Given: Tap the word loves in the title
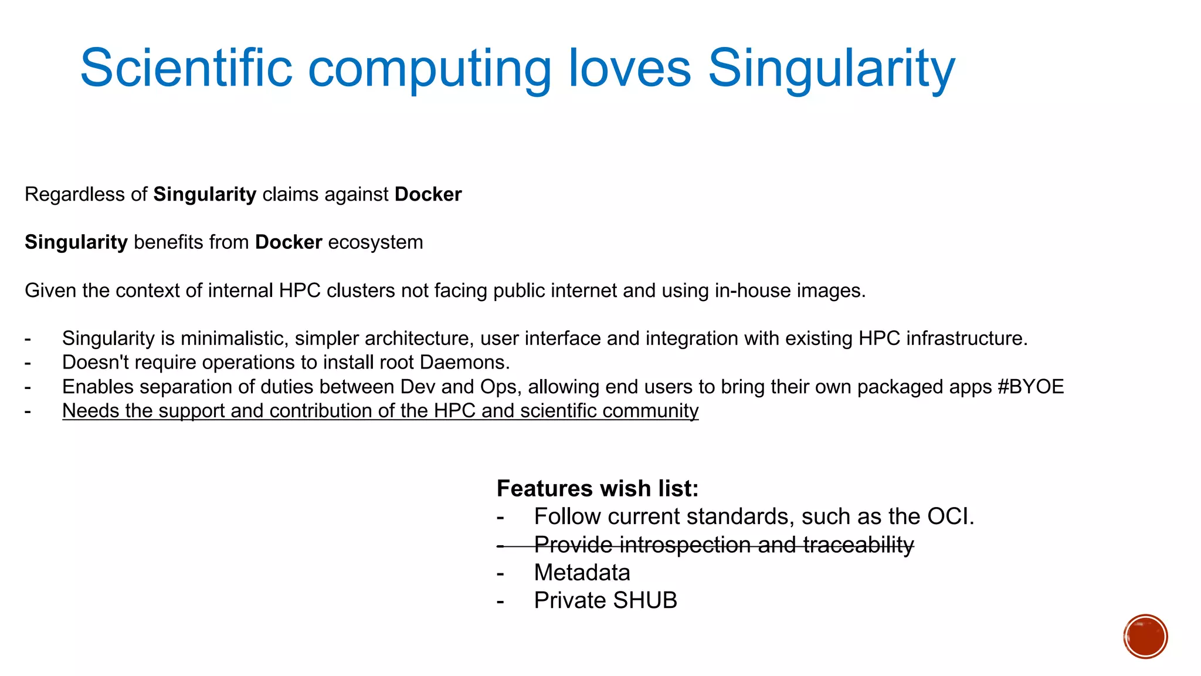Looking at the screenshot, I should click(x=630, y=68).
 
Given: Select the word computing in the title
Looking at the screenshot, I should click(x=429, y=70).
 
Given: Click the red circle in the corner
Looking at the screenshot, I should click(x=1145, y=636).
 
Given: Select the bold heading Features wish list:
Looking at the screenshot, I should click(x=597, y=488).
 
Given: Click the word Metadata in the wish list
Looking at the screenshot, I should click(x=582, y=572).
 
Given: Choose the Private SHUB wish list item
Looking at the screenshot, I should click(x=605, y=600).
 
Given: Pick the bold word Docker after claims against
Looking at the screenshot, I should click(x=428, y=194).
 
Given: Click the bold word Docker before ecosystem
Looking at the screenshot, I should click(x=289, y=242).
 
